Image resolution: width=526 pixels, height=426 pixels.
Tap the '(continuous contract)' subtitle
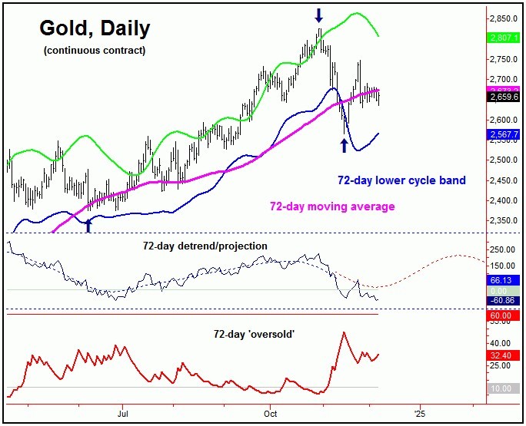coord(94,51)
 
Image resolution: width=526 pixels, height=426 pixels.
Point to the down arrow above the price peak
coord(319,15)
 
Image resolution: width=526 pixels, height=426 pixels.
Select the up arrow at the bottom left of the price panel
coord(88,225)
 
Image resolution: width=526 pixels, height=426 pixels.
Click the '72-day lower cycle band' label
coord(401,181)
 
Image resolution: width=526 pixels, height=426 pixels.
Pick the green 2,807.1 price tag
coord(504,36)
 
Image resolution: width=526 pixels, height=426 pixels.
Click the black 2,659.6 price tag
coord(504,97)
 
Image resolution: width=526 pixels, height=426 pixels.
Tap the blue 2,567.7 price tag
coord(504,134)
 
